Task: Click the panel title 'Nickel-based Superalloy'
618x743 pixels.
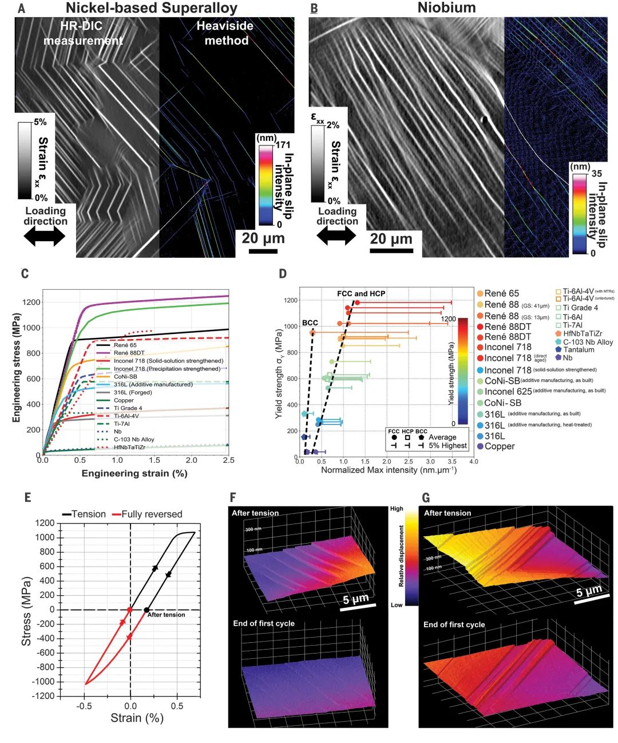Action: (x=151, y=8)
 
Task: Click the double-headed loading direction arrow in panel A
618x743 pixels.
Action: (x=45, y=235)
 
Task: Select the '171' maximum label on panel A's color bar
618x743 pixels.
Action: (x=283, y=144)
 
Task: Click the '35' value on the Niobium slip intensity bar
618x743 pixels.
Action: (x=596, y=173)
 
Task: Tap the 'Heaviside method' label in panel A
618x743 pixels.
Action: (x=225, y=33)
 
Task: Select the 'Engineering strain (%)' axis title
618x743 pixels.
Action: (x=134, y=473)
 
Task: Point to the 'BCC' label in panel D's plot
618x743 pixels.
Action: (x=310, y=323)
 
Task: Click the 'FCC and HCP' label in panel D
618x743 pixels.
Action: (x=361, y=294)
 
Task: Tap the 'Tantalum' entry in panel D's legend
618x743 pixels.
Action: (x=579, y=349)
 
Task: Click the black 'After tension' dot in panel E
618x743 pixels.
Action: (x=146, y=610)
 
